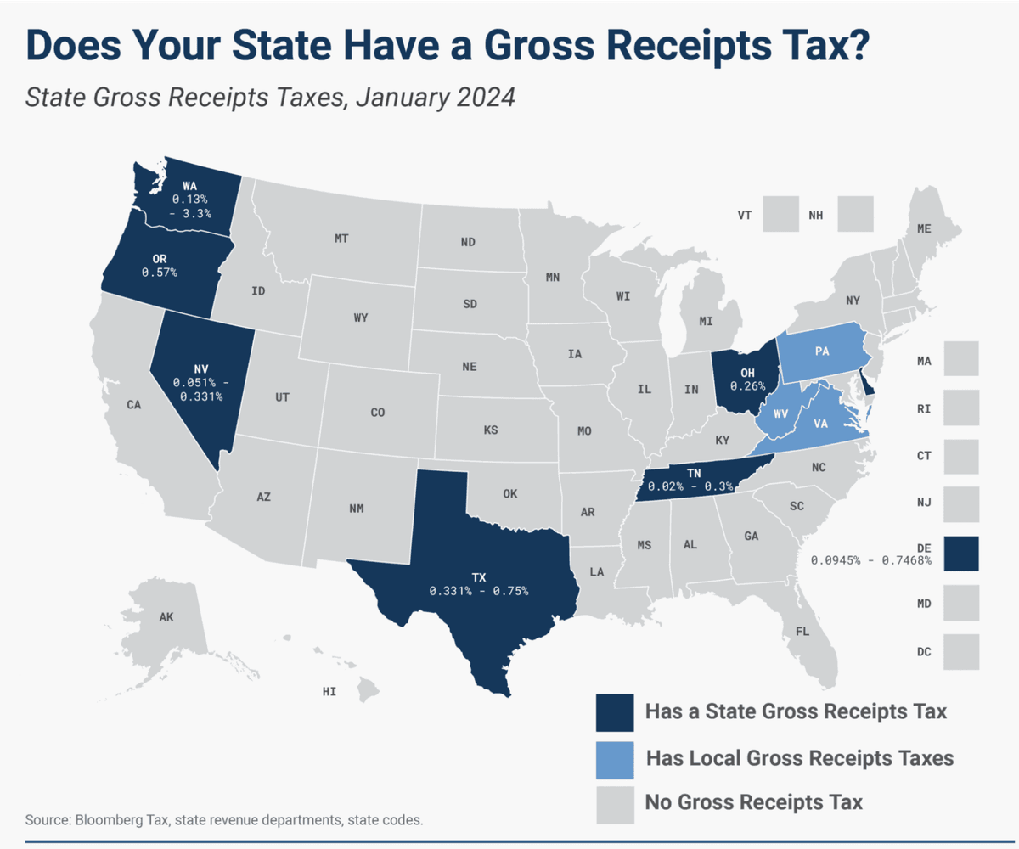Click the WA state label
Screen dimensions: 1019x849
click(x=190, y=186)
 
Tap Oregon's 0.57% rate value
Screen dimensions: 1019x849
click(x=160, y=273)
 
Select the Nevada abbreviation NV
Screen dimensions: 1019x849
click(x=201, y=369)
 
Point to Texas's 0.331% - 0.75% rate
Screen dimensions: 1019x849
click(x=479, y=591)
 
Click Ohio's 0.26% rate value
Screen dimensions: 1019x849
click(x=747, y=386)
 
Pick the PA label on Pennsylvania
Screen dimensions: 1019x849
click(x=822, y=351)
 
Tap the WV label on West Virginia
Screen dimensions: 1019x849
click(x=781, y=413)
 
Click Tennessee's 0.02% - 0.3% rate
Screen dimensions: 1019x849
click(x=690, y=486)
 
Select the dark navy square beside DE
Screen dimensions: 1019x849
click(x=961, y=554)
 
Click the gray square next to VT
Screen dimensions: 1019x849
click(x=781, y=214)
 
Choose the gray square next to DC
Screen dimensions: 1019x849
click(x=961, y=652)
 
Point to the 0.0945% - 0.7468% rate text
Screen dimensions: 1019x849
click(x=870, y=560)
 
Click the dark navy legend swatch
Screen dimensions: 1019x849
click(x=615, y=712)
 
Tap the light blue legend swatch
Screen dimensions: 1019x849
click(x=615, y=760)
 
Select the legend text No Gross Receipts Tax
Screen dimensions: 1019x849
click(x=754, y=801)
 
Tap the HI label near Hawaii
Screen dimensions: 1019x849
click(x=329, y=691)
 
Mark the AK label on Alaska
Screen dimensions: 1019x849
click(x=166, y=616)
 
